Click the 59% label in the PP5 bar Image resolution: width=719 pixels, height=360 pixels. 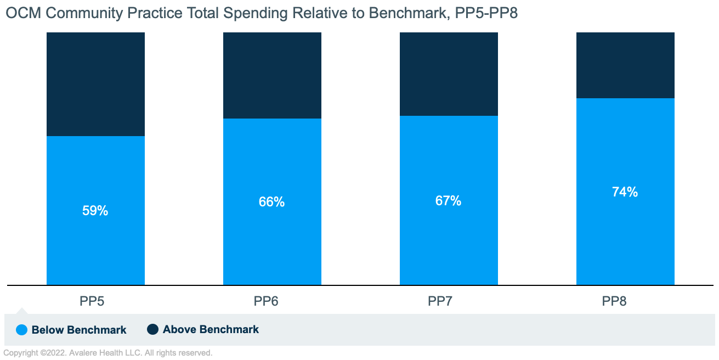pyautogui.click(x=95, y=211)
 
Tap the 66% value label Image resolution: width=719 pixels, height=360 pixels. pyautogui.click(x=271, y=202)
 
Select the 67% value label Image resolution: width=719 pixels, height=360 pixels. pyautogui.click(x=448, y=201)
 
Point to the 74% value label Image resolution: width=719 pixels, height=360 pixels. pyautogui.click(x=625, y=192)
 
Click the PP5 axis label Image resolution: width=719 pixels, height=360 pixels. pyautogui.click(x=95, y=301)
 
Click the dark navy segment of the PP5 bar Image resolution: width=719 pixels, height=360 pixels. pyautogui.click(x=95, y=84)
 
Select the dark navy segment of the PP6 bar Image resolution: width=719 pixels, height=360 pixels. pyautogui.click(x=272, y=75)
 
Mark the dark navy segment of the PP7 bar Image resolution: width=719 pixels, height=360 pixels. pyautogui.click(x=449, y=74)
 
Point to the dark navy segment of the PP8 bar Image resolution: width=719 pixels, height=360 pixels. pyautogui.click(x=625, y=65)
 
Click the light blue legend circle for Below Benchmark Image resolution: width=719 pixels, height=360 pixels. pyautogui.click(x=21, y=330)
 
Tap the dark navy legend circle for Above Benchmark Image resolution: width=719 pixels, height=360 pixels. pyautogui.click(x=152, y=329)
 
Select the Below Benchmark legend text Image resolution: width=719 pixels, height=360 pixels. pyautogui.click(x=79, y=330)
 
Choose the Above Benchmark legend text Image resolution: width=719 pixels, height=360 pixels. pyautogui.click(x=211, y=329)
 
